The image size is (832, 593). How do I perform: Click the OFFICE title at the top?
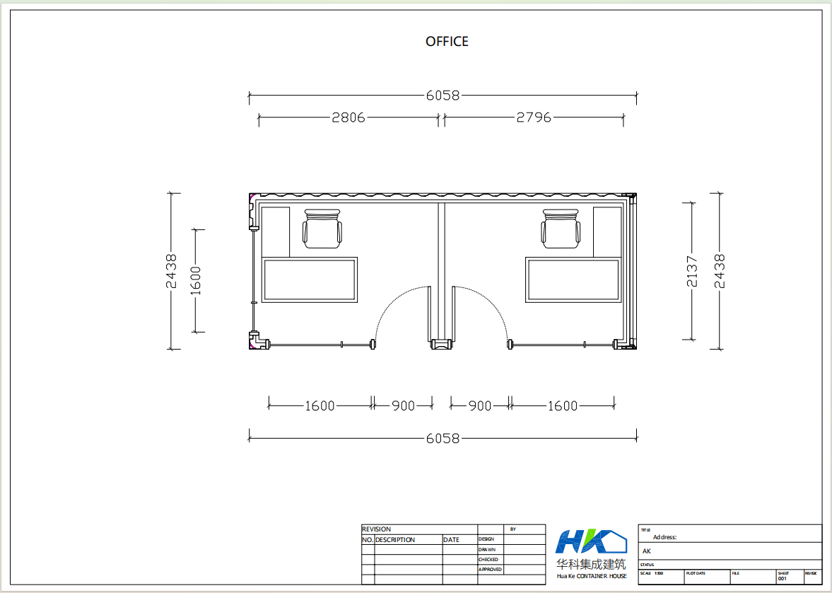(447, 42)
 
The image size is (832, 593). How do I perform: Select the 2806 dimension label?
(348, 117)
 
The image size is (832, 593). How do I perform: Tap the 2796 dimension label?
(534, 117)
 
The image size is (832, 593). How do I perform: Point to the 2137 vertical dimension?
(692, 271)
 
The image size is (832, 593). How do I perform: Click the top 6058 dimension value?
(443, 95)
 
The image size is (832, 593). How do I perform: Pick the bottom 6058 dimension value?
(443, 439)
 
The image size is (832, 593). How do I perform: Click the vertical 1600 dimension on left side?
(196, 280)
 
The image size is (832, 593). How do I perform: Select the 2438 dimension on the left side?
(171, 271)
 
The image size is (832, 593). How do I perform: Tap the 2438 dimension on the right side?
(719, 271)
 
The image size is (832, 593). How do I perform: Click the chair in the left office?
(322, 229)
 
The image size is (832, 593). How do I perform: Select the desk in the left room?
(310, 280)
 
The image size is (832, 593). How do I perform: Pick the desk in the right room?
(573, 280)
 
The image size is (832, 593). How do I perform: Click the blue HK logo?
(590, 541)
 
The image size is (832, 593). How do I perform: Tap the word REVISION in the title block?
(376, 529)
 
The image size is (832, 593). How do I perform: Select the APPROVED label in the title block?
(490, 570)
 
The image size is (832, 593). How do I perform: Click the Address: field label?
(664, 537)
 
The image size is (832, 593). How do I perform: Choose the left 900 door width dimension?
(403, 406)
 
